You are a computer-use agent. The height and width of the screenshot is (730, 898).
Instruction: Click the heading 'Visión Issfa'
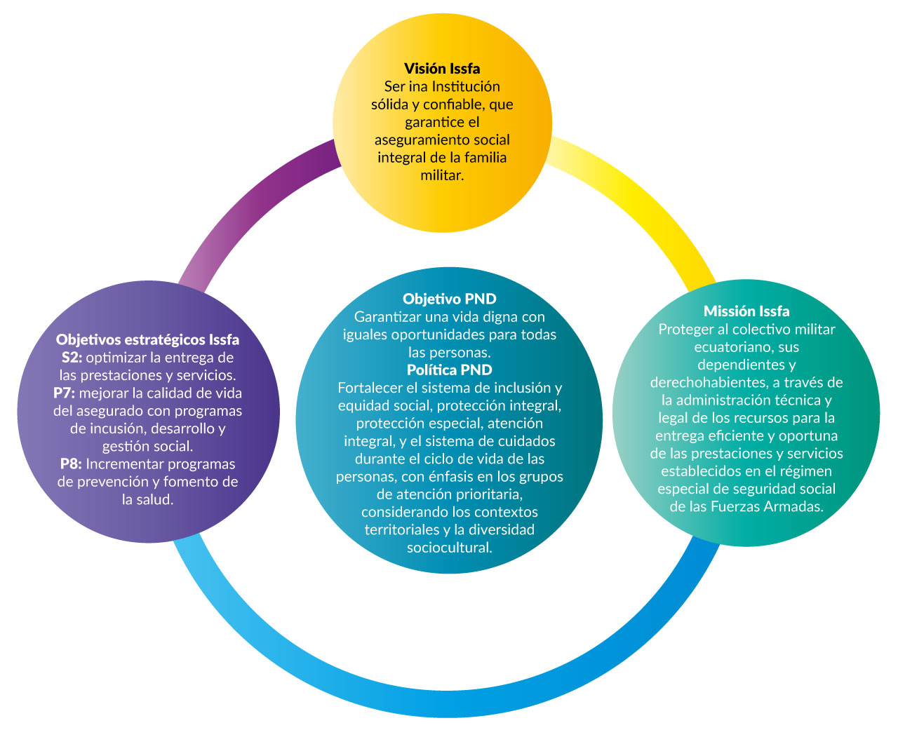[442, 69]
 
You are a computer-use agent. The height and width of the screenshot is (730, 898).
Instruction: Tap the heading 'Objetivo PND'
[449, 299]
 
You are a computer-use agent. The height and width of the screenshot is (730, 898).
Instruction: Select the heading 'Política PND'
[449, 370]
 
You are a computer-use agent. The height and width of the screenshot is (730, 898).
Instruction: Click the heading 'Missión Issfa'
[746, 311]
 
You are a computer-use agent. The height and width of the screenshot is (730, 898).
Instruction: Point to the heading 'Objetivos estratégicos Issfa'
[147, 339]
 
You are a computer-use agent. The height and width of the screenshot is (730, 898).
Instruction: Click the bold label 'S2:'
[72, 357]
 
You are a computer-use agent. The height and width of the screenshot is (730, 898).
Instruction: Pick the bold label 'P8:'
[71, 464]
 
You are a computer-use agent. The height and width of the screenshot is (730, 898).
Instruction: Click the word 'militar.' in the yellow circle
[442, 175]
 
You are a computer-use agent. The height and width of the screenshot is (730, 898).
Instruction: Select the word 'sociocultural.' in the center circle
[449, 547]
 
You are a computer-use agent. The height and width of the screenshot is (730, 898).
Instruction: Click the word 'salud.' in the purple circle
[156, 499]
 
